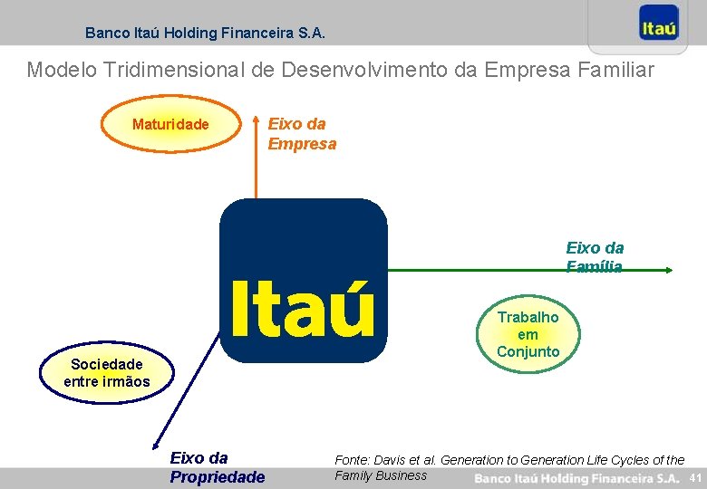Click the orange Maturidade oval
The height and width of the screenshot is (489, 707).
(x=170, y=124)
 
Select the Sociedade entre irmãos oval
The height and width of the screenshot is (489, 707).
(x=106, y=372)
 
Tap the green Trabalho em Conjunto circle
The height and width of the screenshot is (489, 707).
(x=528, y=333)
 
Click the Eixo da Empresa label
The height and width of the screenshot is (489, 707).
(x=301, y=133)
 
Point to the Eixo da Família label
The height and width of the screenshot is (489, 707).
(x=595, y=256)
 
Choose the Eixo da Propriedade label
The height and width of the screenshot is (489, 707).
(x=217, y=467)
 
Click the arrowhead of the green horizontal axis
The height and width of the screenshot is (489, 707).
(x=667, y=270)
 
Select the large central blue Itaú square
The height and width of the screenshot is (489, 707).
(x=303, y=280)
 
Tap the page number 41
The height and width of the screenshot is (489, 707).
(x=695, y=477)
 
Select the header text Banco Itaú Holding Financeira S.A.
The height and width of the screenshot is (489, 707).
(x=205, y=33)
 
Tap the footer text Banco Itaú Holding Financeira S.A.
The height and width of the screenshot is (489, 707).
(x=576, y=477)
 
